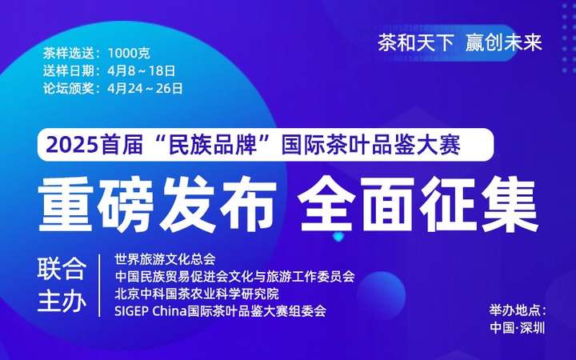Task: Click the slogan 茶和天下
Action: click(x=415, y=43)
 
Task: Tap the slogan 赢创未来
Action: click(x=504, y=43)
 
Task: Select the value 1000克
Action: click(x=129, y=54)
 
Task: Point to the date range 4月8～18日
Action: click(x=142, y=71)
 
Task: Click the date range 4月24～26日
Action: click(x=146, y=89)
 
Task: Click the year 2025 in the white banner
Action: click(x=72, y=146)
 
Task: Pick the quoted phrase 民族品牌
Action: click(x=212, y=146)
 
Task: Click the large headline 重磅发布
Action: click(x=158, y=204)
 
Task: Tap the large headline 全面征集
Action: click(x=418, y=204)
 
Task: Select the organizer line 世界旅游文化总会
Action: click(x=165, y=259)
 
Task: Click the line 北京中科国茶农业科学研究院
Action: click(x=197, y=294)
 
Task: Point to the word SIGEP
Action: click(x=131, y=311)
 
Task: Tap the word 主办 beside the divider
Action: click(x=62, y=302)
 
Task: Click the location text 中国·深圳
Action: click(x=518, y=328)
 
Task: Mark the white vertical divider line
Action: click(x=99, y=286)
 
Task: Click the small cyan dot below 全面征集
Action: click(x=338, y=237)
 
